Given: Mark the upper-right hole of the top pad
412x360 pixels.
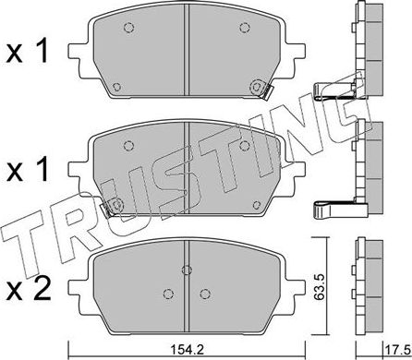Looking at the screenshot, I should click(x=243, y=28).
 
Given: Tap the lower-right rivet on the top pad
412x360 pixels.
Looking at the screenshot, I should click(x=254, y=85).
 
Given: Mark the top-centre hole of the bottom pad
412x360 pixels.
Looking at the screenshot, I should click(x=188, y=270).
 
